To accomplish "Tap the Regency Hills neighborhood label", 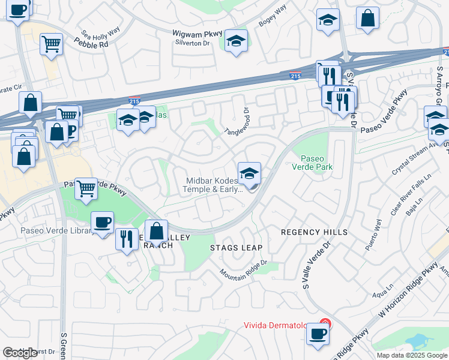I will coord(314,232).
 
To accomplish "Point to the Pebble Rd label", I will coord(92,43).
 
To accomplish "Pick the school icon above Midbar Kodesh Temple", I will coord(249,173).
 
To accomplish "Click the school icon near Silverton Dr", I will coord(237,41).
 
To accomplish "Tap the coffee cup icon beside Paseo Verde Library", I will coord(102,222).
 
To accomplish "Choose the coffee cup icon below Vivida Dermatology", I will coord(318,334).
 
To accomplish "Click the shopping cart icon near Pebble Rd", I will coord(52,43).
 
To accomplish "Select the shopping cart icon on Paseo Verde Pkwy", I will coord(86,188).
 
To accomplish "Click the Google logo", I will coord(20,353).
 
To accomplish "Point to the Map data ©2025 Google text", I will coord(412,355).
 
